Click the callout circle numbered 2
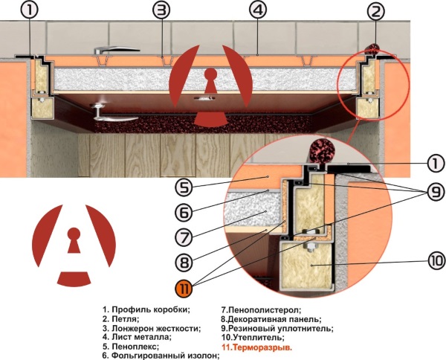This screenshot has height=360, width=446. click(375, 12)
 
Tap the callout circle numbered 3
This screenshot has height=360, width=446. click(161, 10)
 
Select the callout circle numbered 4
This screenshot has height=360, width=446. click(258, 10)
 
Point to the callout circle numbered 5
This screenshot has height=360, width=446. click(184, 187)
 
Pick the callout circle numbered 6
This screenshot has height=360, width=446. click(184, 213)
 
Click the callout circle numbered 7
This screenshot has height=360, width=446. click(184, 237)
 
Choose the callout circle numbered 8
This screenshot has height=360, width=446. click(184, 262)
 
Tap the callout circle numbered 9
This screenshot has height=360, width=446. click(436, 192)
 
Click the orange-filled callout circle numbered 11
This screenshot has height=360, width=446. click(184, 289)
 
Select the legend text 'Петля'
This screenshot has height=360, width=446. click(125, 318)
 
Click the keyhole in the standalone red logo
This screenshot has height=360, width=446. click(74, 240)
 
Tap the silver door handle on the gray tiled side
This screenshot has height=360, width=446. click(117, 50)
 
